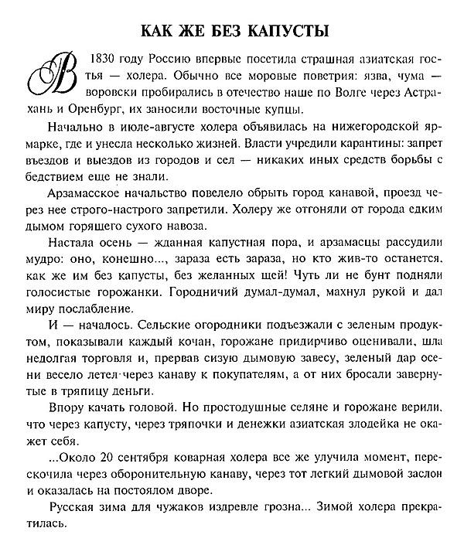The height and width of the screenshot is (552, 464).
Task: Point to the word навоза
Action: tap(179, 226)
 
